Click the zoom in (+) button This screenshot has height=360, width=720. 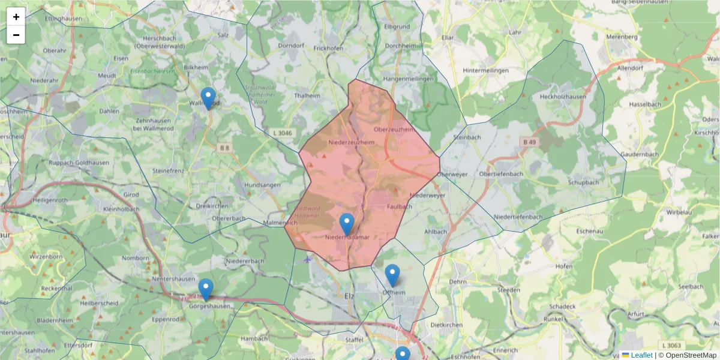coord(16,17)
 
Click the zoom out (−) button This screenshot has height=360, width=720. coord(16,35)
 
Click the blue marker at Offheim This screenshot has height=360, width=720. coord(392,275)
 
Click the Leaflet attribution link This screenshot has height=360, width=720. coord(641,355)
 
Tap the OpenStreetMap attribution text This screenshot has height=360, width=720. coord(691,355)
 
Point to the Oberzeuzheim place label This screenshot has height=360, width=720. coord(394,130)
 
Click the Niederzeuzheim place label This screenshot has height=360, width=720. coord(352,142)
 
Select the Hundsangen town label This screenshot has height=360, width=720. coord(263,185)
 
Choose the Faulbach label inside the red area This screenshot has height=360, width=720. coord(400,206)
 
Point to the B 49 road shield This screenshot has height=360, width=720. coord(529,142)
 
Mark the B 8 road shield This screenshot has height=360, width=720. coord(224,148)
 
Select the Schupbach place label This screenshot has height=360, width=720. coord(583,182)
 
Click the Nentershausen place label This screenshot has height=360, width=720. coord(174,278)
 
